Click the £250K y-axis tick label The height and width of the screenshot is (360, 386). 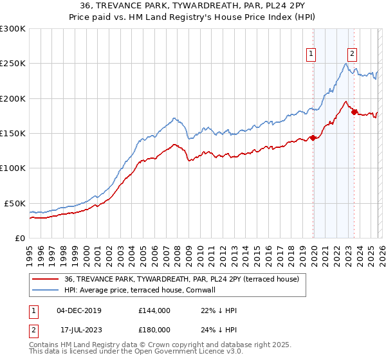pos(13,64)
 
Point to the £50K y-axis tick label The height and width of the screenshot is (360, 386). pos(15,203)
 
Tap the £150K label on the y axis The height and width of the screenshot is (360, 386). pos(13,134)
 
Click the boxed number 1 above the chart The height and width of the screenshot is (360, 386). pos(311,55)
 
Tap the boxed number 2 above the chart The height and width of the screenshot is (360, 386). pos(353,55)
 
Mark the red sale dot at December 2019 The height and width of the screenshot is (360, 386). pos(313,138)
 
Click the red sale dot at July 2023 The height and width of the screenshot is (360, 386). pos(354,113)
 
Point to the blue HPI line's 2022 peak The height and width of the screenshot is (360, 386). pos(346,63)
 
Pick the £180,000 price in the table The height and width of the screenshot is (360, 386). pos(154,328)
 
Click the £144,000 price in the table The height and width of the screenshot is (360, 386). pos(154,310)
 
